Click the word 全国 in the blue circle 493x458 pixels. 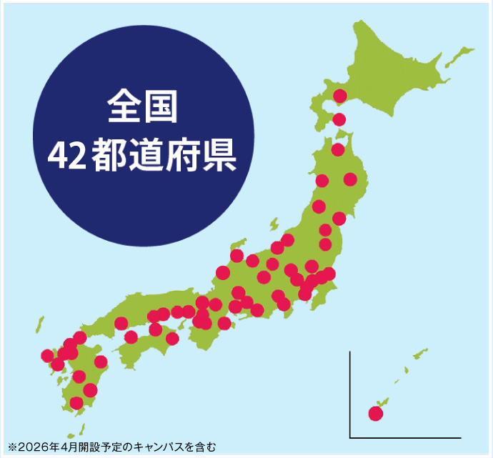(141, 108)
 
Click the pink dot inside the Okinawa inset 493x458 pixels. (376, 413)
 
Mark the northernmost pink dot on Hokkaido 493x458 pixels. (340, 96)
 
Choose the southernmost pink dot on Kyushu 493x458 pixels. (76, 403)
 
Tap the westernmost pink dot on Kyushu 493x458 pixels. (47, 355)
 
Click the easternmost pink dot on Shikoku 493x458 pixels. (172, 338)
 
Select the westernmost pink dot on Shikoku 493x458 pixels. (131, 337)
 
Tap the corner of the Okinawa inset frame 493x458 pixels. (351, 437)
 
